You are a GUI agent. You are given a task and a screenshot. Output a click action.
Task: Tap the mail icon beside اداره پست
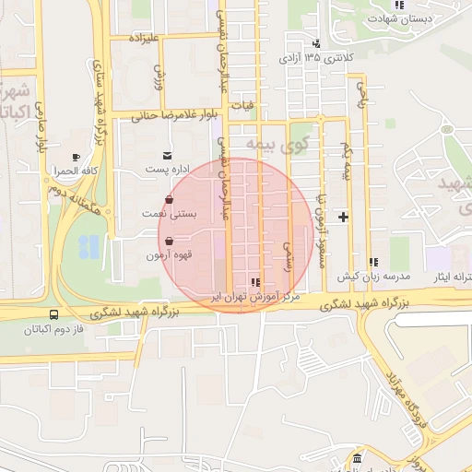(167, 156)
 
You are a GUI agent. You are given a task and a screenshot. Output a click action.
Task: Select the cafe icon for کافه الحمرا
(76, 157)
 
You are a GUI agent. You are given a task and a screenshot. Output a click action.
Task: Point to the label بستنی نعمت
(165, 214)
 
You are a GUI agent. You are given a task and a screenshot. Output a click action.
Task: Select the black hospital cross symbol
(344, 217)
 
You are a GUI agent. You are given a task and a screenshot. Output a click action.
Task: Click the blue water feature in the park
(89, 246)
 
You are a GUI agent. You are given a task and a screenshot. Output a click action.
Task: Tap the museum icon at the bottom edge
(357, 459)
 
